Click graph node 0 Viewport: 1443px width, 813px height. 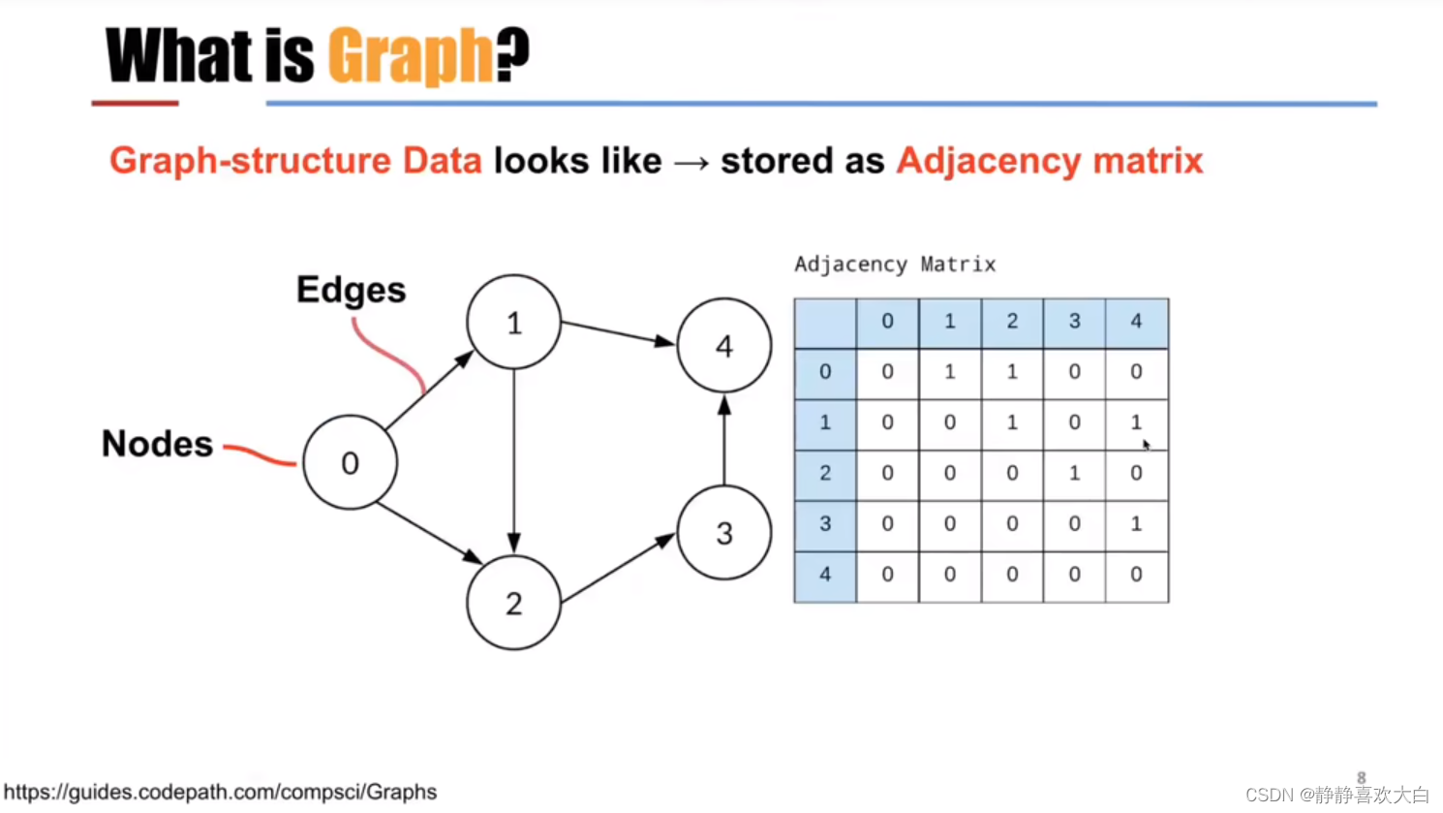[x=350, y=462]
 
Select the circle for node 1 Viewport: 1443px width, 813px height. [x=513, y=322]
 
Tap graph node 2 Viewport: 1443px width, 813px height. [x=513, y=603]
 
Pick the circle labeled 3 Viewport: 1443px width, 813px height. [x=724, y=532]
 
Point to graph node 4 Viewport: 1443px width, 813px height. [x=724, y=346]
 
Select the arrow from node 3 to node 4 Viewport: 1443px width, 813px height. [x=724, y=441]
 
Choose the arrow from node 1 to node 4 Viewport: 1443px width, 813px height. [x=618, y=332]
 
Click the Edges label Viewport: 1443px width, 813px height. [x=351, y=290]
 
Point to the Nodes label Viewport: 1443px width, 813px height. [x=157, y=444]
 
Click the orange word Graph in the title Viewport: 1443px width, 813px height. [x=411, y=55]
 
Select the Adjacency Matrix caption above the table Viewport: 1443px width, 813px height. [x=895, y=265]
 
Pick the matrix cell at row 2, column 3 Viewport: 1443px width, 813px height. [x=1074, y=473]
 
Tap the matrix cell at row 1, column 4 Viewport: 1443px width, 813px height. [x=1136, y=422]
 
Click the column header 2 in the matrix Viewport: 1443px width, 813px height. [x=1012, y=322]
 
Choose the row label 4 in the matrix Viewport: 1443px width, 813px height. [x=825, y=575]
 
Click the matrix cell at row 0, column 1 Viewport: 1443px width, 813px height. [x=949, y=372]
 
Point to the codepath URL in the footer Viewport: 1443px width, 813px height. [x=220, y=792]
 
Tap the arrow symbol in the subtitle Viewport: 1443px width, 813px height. [x=691, y=162]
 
